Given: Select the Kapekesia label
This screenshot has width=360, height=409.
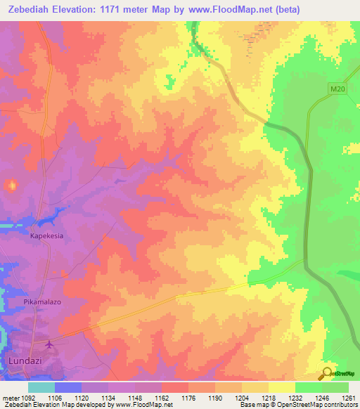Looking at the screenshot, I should click(x=46, y=236).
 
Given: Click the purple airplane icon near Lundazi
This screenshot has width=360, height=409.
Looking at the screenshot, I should click(x=49, y=344).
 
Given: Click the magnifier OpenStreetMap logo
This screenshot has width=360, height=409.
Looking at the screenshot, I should click(x=326, y=373).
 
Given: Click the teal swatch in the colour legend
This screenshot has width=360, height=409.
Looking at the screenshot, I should click(x=41, y=387).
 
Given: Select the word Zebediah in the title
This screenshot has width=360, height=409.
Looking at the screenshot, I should click(x=32, y=10).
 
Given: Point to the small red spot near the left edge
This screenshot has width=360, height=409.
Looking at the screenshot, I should click(x=11, y=186).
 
